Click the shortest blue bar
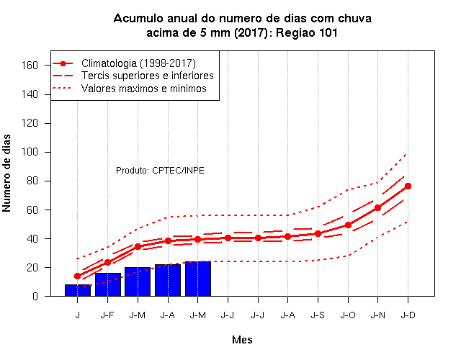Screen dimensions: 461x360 click(x=78, y=290)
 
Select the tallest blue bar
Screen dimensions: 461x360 click(x=198, y=279)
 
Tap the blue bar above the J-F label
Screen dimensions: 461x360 click(x=107, y=284)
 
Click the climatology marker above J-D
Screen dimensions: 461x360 click(x=408, y=186)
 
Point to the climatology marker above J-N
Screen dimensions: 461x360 click(x=377, y=208)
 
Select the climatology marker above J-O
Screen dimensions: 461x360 click(x=348, y=225)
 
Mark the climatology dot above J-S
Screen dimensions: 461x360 click(x=318, y=233)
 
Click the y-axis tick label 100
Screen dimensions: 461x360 click(x=30, y=152)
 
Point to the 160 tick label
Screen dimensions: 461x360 click(x=30, y=66)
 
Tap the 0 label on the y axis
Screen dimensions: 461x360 click(x=35, y=296)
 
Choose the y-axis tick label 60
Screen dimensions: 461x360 click(x=32, y=210)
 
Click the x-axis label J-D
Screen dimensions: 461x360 click(x=408, y=315)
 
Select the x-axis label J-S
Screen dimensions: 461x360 click(x=318, y=315)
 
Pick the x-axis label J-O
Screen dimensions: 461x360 click(x=348, y=315)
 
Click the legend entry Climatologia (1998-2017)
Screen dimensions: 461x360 click(x=138, y=63)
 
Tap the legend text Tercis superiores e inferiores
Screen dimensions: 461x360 click(x=148, y=76)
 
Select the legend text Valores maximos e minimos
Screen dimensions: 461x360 click(x=144, y=88)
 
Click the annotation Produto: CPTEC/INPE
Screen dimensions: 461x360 click(x=160, y=171)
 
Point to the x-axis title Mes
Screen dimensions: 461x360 click(x=242, y=340)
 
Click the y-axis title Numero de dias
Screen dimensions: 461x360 click(x=6, y=173)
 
